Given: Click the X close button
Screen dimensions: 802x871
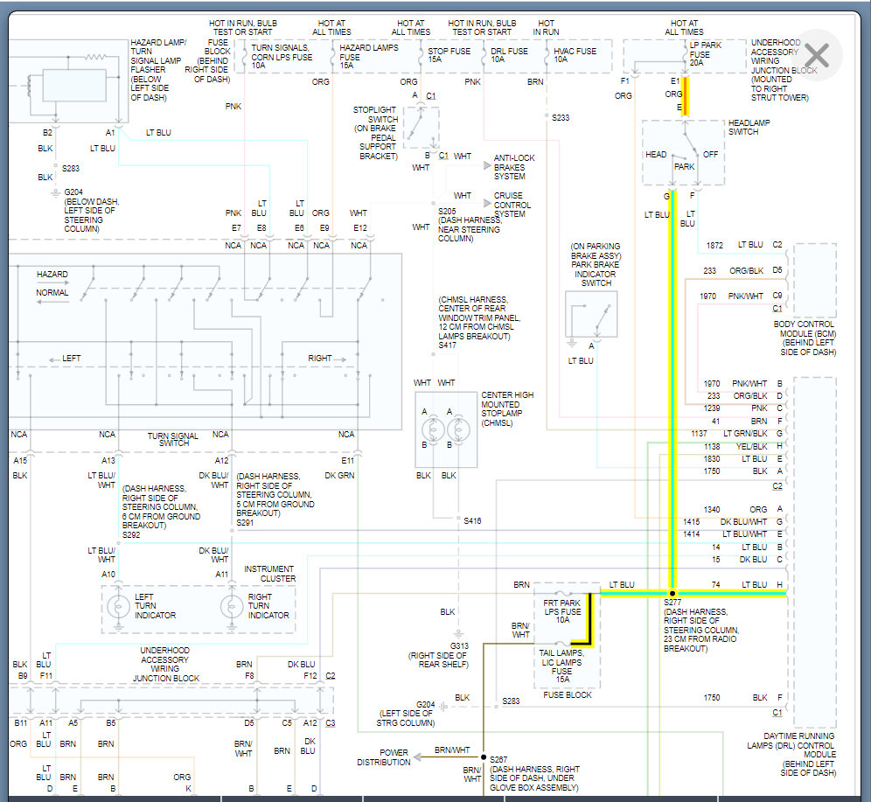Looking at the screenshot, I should coord(816,55).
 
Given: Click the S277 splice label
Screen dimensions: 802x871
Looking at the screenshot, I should coord(672,602).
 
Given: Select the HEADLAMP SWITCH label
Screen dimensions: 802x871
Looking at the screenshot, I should coord(749,127).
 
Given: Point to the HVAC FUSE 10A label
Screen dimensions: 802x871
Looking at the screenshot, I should coord(575,56).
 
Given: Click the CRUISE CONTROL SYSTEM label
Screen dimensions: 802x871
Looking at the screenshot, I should coord(510,205).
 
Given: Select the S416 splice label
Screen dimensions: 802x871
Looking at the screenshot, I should coord(472,520).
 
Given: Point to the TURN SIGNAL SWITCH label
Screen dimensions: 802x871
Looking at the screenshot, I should coord(172,439).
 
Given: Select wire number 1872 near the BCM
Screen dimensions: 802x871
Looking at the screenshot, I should coord(714,246).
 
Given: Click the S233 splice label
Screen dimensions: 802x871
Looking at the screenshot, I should coord(561,117).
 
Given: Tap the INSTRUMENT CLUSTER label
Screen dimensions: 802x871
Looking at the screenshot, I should coord(269,574).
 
